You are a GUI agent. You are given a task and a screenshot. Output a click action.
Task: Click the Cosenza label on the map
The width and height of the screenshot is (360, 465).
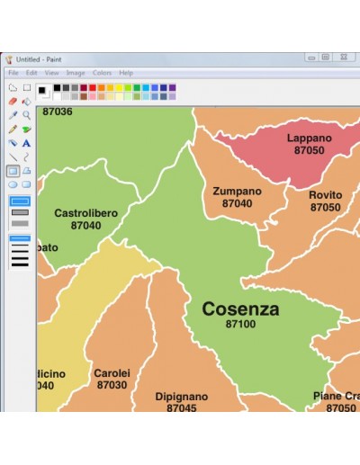[x=240, y=309]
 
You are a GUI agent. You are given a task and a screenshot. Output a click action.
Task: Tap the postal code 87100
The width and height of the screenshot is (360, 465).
[x=240, y=324]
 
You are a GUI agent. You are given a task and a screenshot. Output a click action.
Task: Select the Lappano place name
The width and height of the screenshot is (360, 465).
[x=309, y=139]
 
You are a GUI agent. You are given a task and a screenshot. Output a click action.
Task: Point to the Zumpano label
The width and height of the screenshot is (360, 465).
[x=237, y=192]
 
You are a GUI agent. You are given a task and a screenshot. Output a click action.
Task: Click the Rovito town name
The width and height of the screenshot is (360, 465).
[x=325, y=195]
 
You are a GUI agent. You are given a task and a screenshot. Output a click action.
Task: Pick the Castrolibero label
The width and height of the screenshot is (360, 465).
[x=85, y=213]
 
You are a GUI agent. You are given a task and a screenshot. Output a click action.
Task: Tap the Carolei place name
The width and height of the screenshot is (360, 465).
[x=112, y=372]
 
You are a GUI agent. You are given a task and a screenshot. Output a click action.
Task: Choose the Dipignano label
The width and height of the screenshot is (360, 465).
[x=181, y=396]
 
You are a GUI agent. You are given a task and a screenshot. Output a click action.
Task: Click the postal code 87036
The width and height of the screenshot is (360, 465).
[x=58, y=112]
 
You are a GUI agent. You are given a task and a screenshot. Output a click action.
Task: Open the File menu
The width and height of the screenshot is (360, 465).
[x=13, y=73]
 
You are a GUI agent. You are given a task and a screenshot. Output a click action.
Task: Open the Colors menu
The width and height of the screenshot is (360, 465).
[x=102, y=73]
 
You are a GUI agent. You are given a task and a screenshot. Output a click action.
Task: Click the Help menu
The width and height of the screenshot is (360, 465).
[x=126, y=73]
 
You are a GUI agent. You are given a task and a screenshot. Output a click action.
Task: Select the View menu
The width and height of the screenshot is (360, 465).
[x=51, y=73]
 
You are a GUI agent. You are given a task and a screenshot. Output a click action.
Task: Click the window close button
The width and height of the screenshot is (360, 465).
[x=346, y=58]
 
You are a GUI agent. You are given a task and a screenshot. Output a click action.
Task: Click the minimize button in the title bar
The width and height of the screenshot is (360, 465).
[x=311, y=58]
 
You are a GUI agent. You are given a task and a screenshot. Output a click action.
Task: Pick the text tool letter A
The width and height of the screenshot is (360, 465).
[x=27, y=143]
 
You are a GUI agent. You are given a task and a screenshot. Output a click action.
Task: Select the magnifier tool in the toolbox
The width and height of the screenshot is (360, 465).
[x=27, y=115]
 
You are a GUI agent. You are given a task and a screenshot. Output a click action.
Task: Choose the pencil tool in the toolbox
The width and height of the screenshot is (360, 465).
[x=13, y=129]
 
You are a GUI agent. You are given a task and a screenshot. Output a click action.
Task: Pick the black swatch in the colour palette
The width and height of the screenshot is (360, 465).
[x=56, y=87]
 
